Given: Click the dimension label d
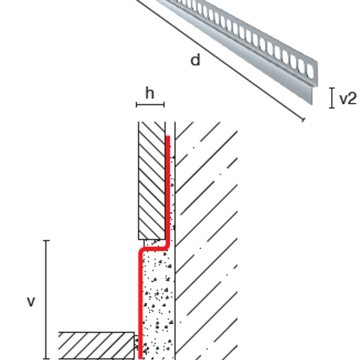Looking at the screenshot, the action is (x=195, y=60).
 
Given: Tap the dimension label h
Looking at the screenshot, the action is (x=150, y=93).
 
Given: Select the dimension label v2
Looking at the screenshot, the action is (x=348, y=99).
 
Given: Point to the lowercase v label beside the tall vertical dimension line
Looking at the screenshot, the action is (x=31, y=302).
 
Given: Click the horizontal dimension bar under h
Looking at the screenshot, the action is (x=150, y=104).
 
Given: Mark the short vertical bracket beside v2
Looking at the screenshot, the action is (x=332, y=98).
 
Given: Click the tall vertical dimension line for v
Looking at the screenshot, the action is (x=46, y=300).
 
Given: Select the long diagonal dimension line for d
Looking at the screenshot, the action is (x=220, y=60).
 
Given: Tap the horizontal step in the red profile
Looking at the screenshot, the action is (x=154, y=248).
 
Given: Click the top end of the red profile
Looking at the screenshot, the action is (x=168, y=137).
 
